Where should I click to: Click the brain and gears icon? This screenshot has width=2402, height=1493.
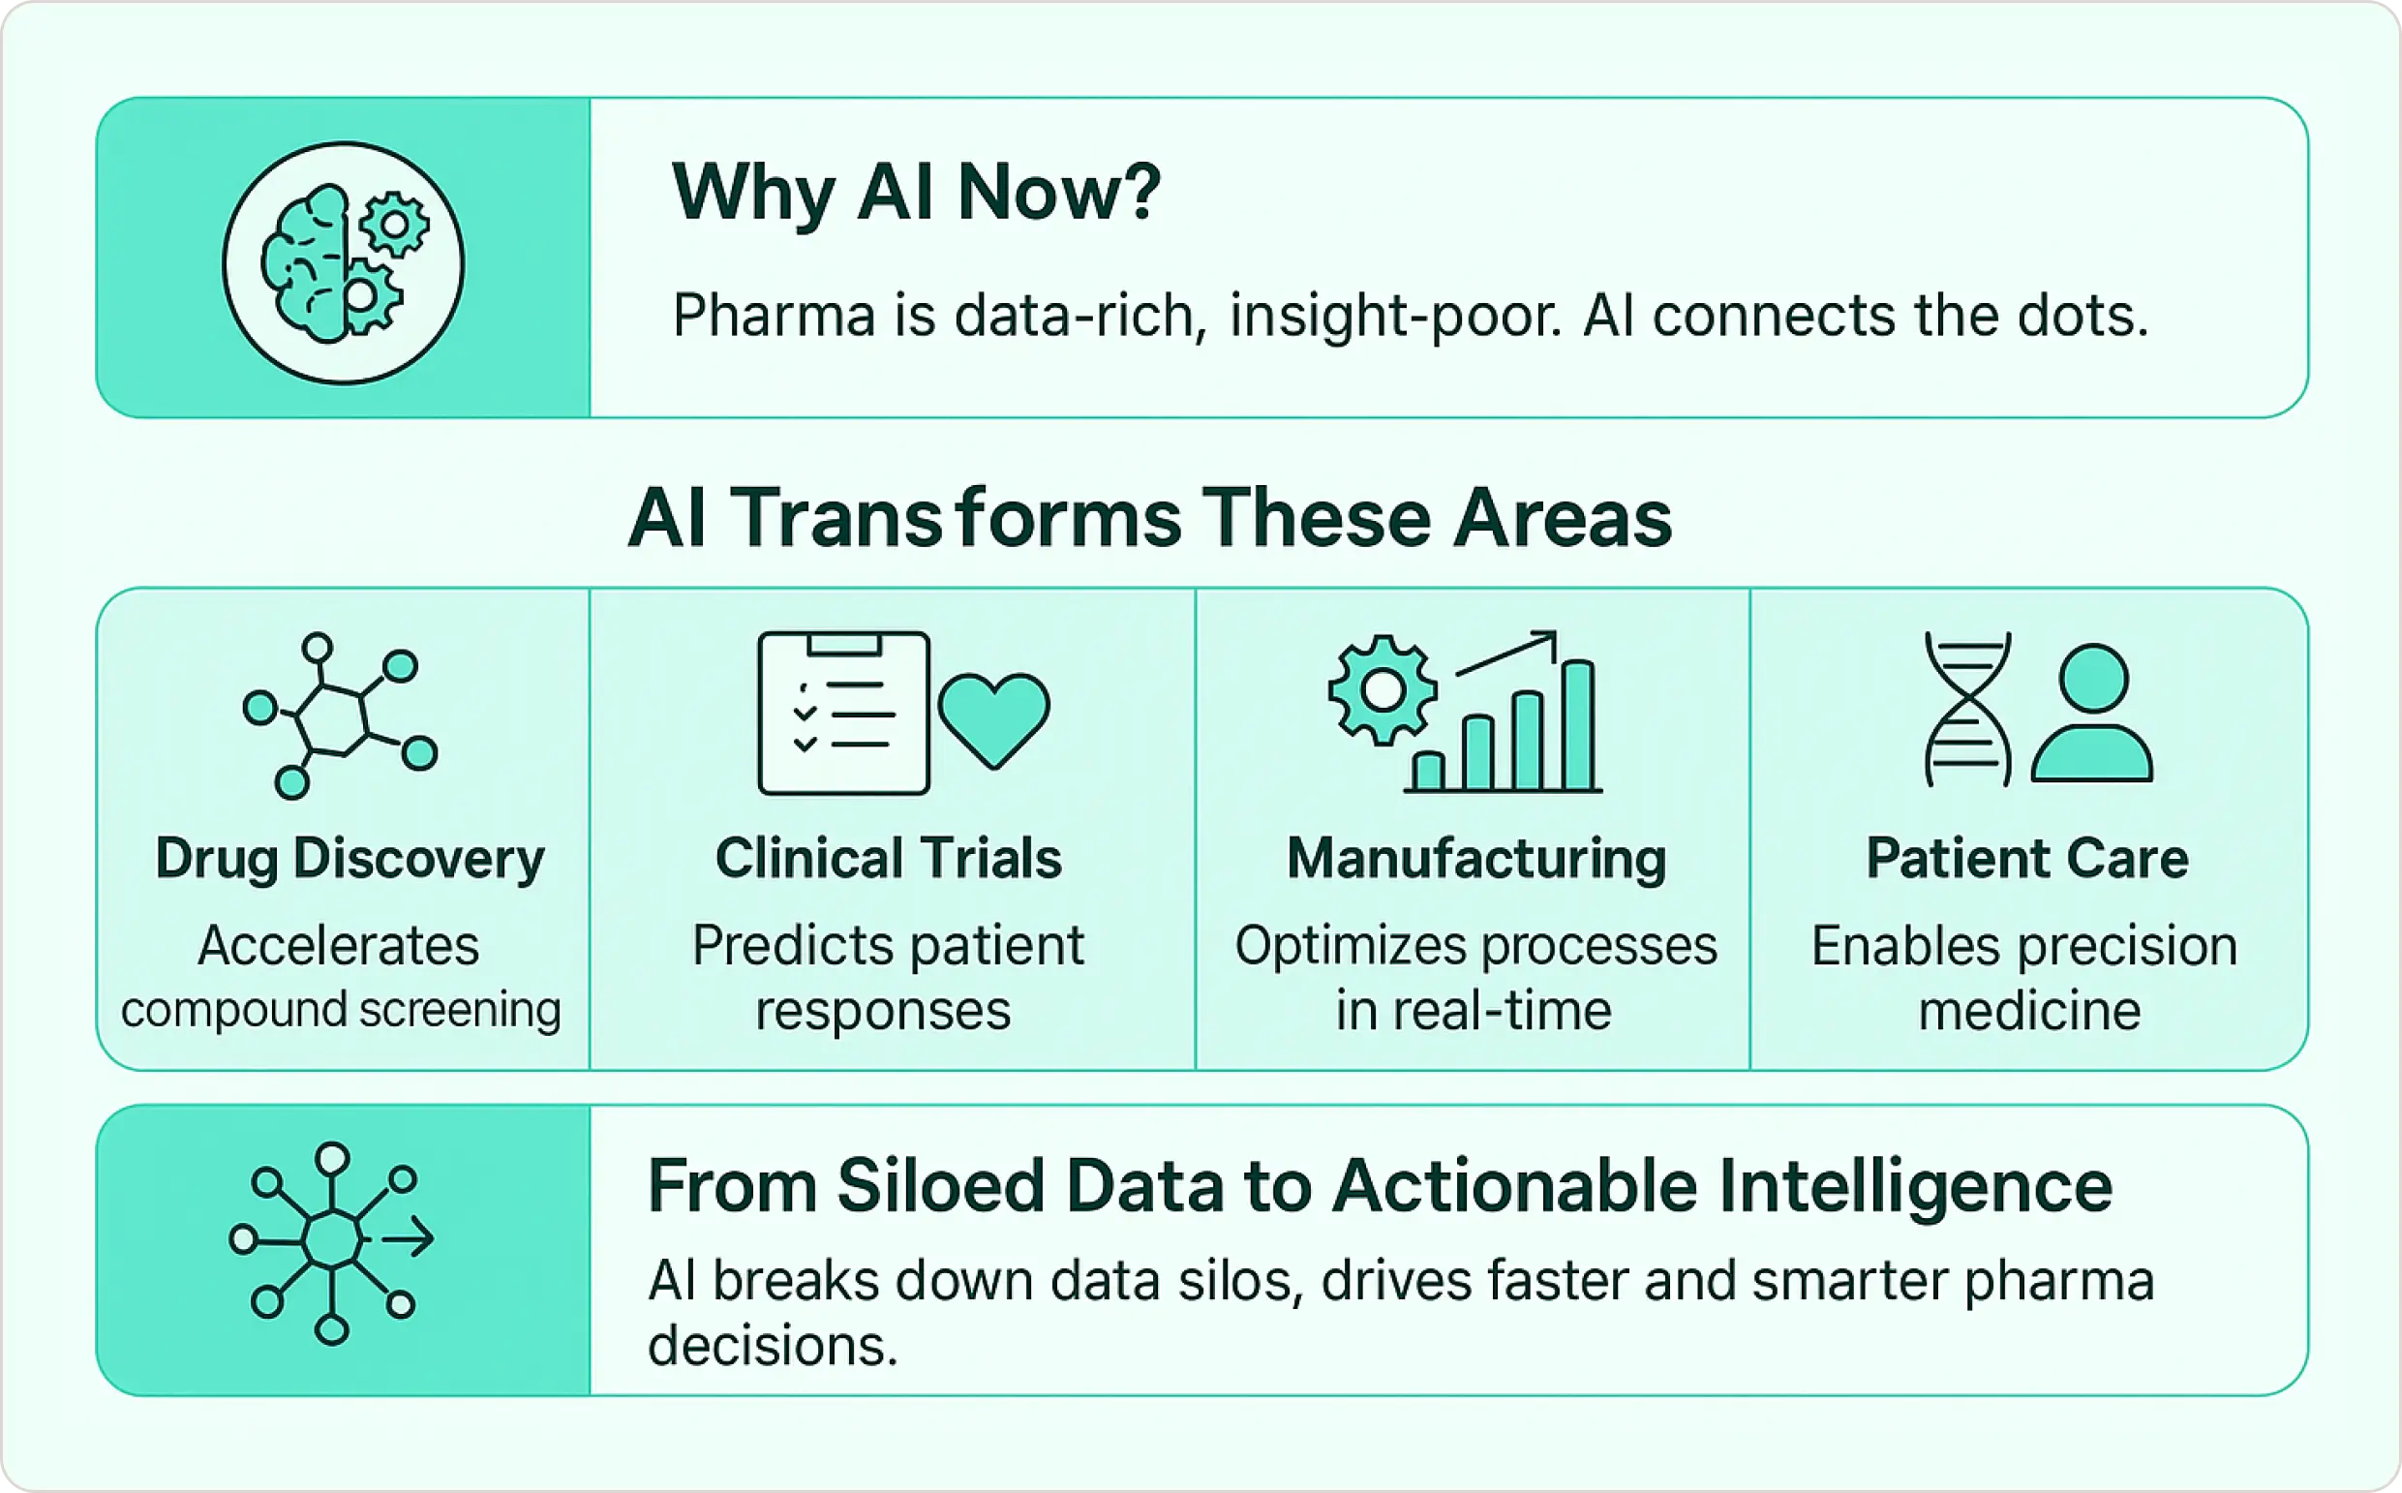[x=343, y=262]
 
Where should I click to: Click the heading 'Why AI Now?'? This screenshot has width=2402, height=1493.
[x=915, y=192]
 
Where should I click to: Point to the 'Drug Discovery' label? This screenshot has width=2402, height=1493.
[x=350, y=858]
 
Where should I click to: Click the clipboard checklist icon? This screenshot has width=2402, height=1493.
[x=843, y=713]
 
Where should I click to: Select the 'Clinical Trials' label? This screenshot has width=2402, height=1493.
[x=888, y=858]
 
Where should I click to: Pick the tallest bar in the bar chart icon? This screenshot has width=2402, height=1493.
[x=1579, y=726]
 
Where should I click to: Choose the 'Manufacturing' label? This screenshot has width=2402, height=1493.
[x=1475, y=858]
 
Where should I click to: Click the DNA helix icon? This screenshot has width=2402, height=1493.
[x=1966, y=709]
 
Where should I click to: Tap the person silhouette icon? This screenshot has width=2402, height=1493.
[x=2092, y=713]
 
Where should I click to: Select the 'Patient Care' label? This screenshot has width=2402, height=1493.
[x=2027, y=858]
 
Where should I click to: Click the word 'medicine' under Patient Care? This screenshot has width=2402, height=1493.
[x=2029, y=1010]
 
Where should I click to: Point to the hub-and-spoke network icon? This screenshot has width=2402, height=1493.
[x=332, y=1242]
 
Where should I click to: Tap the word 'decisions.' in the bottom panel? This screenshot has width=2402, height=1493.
[x=773, y=1345]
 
